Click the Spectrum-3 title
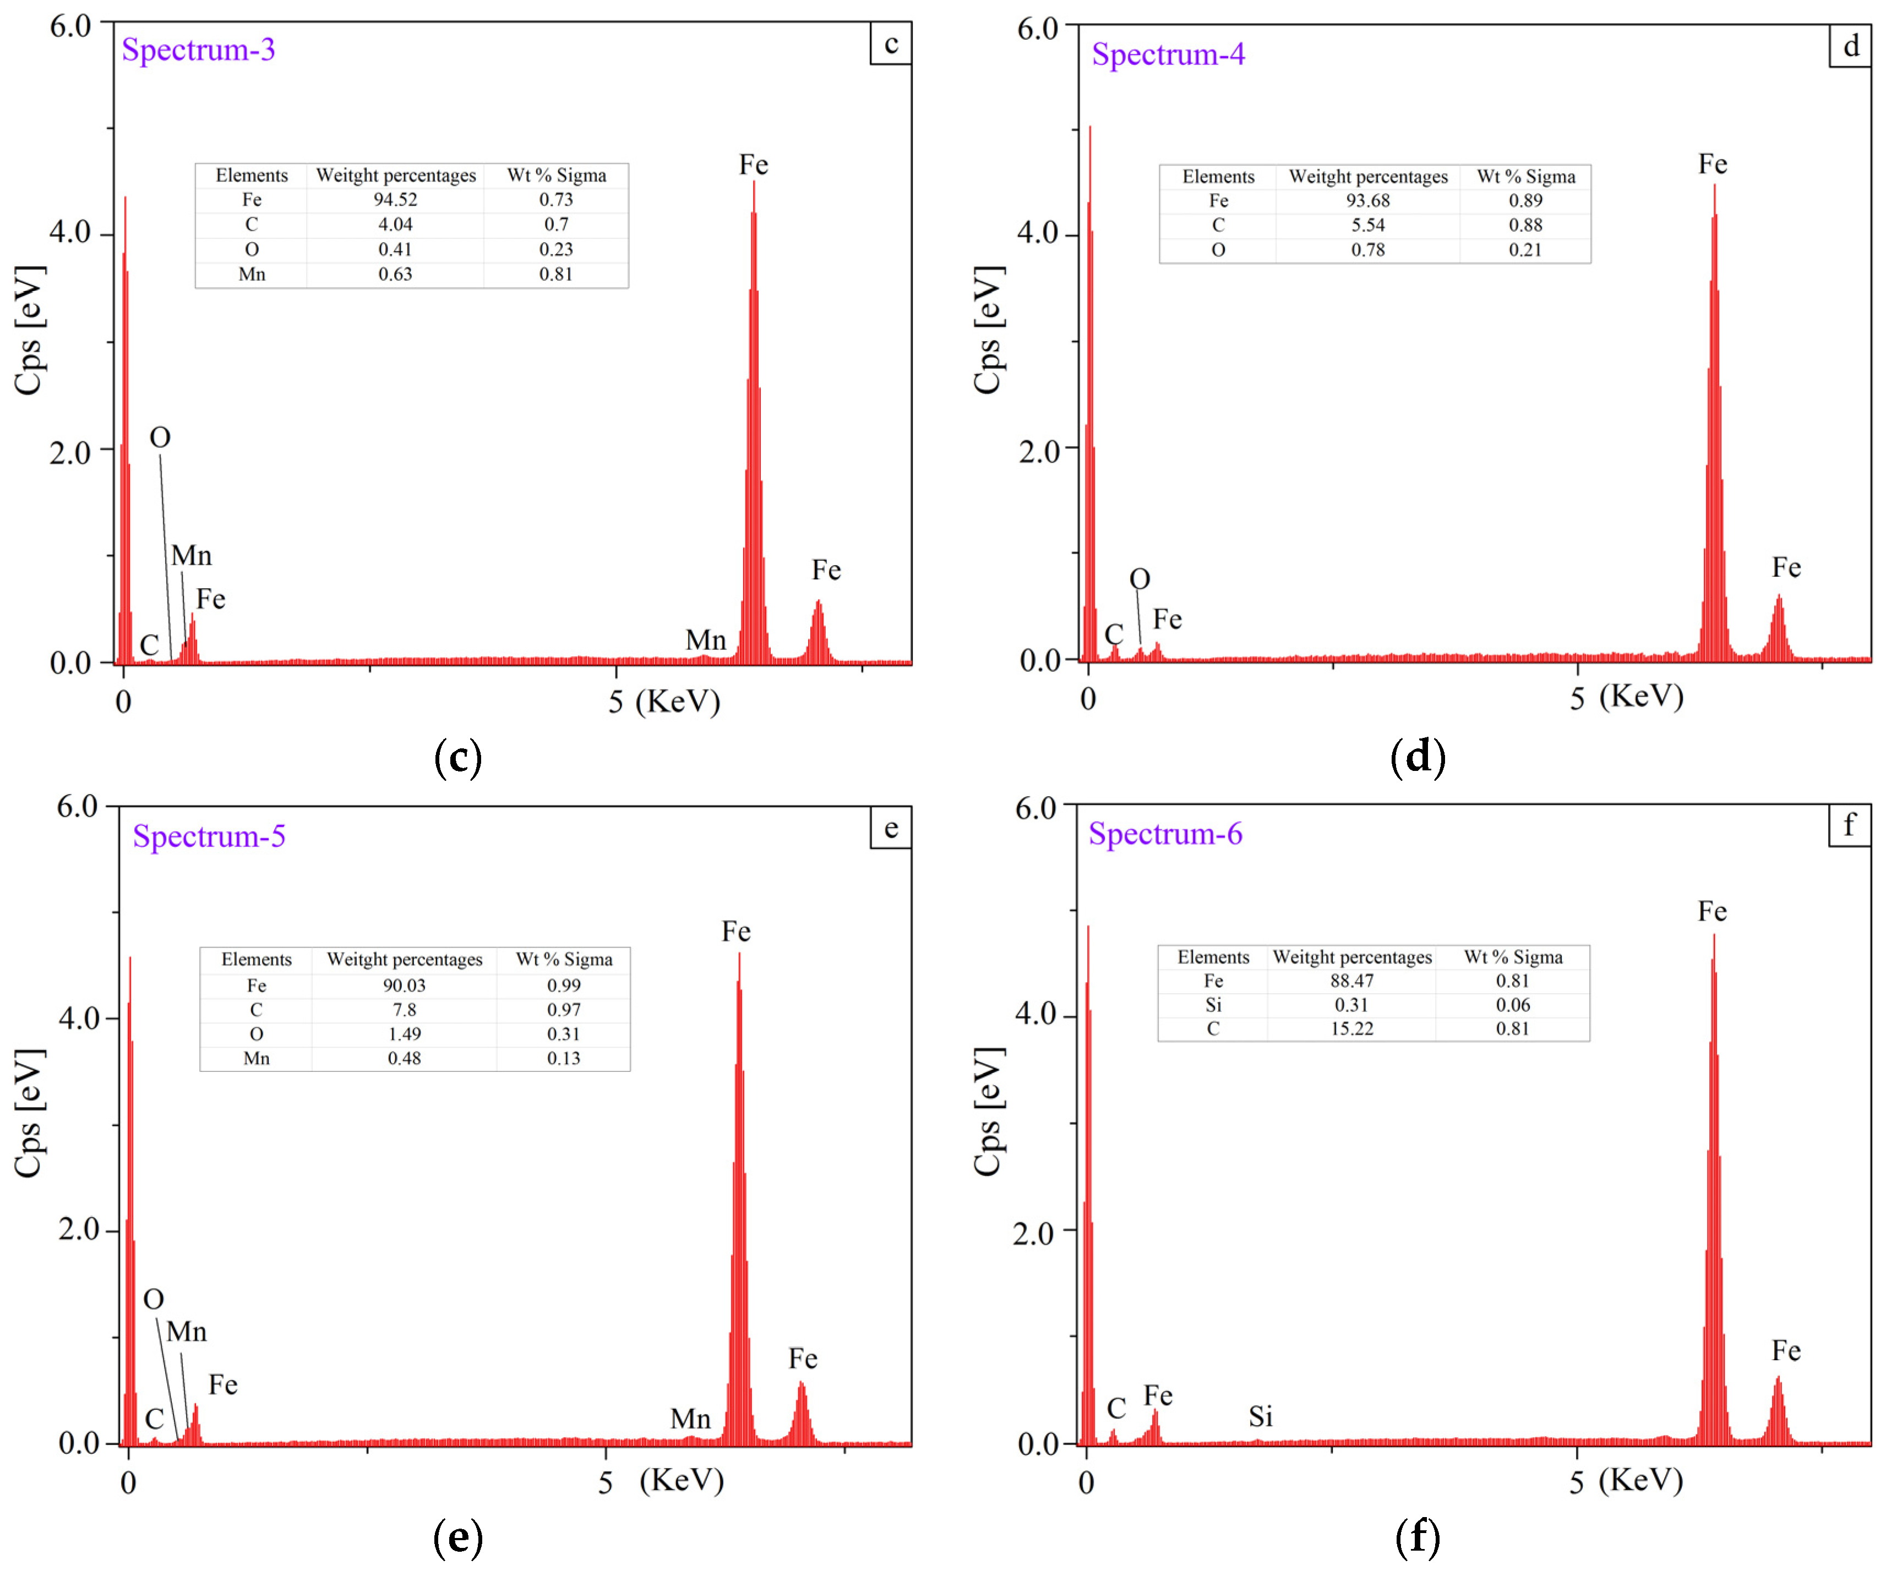point(199,50)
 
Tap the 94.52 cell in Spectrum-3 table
point(395,199)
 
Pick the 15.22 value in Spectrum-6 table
point(1351,1029)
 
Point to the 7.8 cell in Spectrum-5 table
point(404,1010)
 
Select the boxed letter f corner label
point(1849,825)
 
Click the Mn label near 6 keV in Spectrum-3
point(705,640)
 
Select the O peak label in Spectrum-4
point(1139,579)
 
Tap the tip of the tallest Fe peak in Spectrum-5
point(739,954)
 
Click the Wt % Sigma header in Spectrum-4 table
point(1526,177)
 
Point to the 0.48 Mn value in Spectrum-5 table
point(404,1058)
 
